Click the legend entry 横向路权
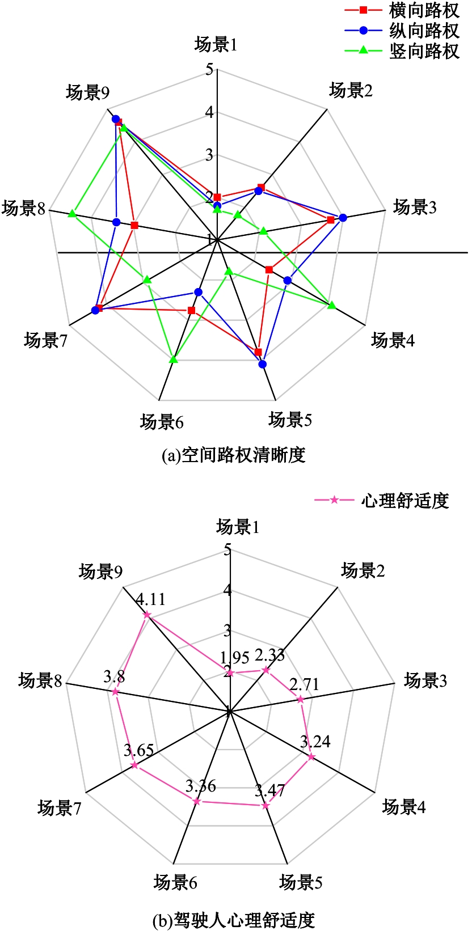pyautogui.click(x=402, y=10)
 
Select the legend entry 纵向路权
pyautogui.click(x=402, y=30)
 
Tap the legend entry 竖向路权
pyautogui.click(x=402, y=50)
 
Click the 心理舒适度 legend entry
pyautogui.click(x=382, y=501)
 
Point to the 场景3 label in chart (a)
pyautogui.click(x=415, y=207)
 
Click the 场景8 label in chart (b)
pyautogui.click(x=40, y=680)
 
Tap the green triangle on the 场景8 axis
pyautogui.click(x=72, y=213)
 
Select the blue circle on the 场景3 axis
pyautogui.click(x=343, y=218)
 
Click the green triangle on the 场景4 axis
pyautogui.click(x=332, y=306)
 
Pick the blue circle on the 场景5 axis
pyautogui.click(x=262, y=365)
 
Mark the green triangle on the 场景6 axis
pyautogui.click(x=174, y=359)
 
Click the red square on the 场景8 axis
pyautogui.click(x=134, y=226)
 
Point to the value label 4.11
pyautogui.click(x=151, y=599)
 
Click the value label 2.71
pyautogui.click(x=304, y=685)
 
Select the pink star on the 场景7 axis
pyautogui.click(x=134, y=765)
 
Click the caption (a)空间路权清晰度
pyautogui.click(x=234, y=455)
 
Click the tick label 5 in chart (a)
pyautogui.click(x=209, y=69)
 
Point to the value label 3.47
pyautogui.click(x=270, y=790)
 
